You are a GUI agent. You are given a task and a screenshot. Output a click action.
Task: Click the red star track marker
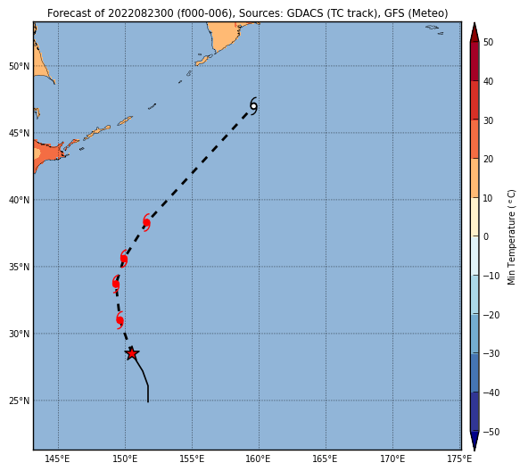click(132, 353)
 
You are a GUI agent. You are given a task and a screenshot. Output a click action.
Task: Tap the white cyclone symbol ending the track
click(253, 106)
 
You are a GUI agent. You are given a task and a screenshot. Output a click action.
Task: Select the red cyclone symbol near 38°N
click(146, 222)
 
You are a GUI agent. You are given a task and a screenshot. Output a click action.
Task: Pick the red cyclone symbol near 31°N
click(120, 320)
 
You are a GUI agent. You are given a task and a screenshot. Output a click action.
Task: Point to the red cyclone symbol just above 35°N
click(124, 259)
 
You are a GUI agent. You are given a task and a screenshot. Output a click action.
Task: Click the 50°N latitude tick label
click(20, 66)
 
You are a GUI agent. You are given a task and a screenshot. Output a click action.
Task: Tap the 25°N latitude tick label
click(20, 401)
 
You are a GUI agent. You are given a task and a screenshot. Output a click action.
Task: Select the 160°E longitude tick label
click(260, 459)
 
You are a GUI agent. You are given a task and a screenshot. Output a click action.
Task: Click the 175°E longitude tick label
click(460, 459)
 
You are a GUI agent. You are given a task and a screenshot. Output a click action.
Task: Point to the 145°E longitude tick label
click(58, 459)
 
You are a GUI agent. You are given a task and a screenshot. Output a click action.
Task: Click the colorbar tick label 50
click(488, 42)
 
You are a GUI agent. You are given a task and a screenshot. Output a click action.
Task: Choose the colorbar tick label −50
click(491, 432)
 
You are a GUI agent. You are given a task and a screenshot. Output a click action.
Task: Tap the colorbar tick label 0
click(485, 236)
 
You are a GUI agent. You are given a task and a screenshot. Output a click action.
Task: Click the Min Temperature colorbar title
click(511, 237)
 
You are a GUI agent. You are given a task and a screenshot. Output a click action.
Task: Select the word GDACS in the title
click(301, 13)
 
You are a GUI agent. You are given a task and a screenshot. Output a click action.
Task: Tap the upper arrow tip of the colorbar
click(474, 23)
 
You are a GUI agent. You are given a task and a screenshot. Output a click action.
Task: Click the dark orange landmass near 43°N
click(48, 154)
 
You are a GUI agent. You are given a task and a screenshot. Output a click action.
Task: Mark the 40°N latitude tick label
click(20, 200)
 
